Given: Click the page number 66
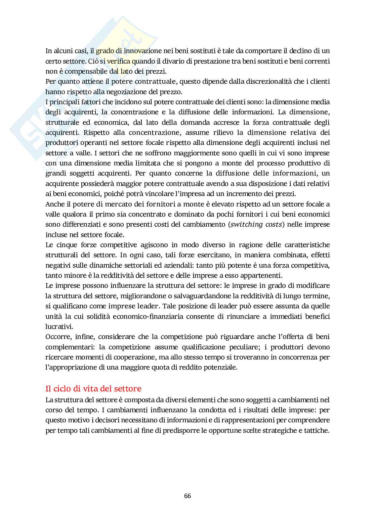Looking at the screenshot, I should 187,496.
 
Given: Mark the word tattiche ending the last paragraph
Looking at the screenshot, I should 316,430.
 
